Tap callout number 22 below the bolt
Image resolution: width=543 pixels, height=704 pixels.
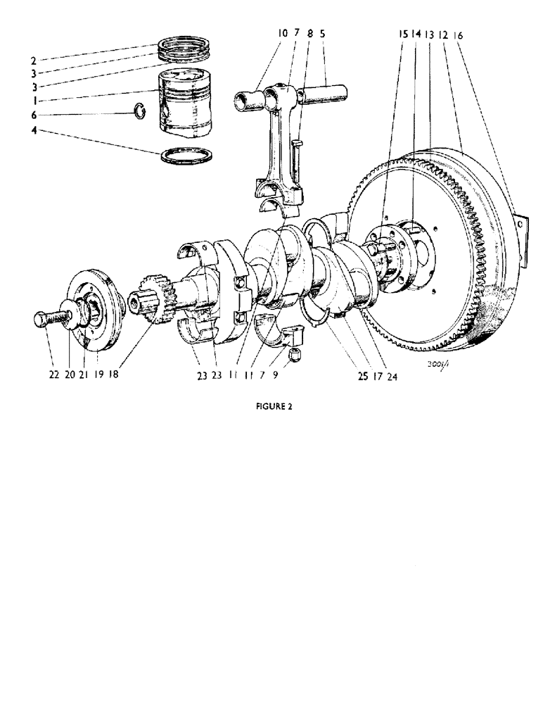(53, 375)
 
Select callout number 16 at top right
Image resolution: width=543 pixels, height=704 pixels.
(459, 34)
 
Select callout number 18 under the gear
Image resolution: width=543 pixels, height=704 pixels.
(113, 375)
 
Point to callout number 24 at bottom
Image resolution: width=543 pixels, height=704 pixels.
(391, 375)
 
